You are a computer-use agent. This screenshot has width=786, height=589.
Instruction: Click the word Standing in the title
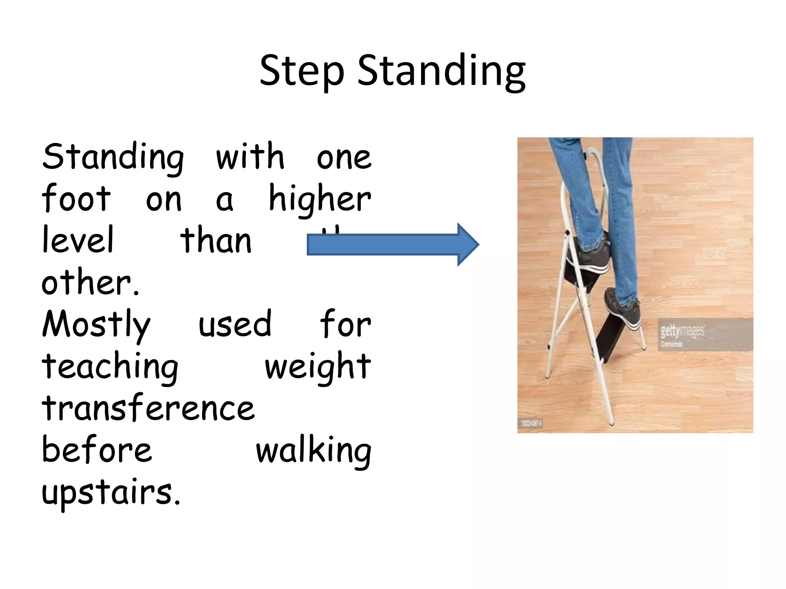[441, 72]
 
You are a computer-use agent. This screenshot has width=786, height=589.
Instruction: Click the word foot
[76, 199]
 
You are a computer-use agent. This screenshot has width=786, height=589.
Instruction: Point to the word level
[78, 240]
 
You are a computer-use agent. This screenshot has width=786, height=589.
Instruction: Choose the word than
[216, 240]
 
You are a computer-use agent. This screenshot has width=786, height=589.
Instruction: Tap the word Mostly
[96, 325]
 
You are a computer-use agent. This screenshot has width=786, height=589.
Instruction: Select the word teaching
[110, 367]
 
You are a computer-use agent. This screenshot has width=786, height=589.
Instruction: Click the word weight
[318, 367]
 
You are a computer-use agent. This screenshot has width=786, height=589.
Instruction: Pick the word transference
[148, 409]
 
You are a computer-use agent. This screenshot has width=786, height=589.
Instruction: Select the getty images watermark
[682, 331]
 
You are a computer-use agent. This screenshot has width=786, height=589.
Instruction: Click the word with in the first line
[250, 157]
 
